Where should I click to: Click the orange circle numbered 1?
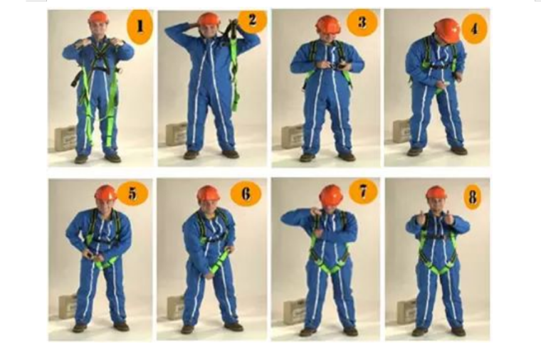coord(140,26)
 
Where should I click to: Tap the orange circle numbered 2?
coord(253,21)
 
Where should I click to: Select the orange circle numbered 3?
coord(362,23)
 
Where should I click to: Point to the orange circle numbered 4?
coord(474,29)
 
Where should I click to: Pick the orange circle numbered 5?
coord(132,194)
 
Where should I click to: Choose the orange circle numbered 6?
coord(246,194)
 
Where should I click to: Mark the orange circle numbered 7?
coord(362,191)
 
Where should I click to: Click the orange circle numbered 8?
coord(473,197)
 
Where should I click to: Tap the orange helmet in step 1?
coord(98,17)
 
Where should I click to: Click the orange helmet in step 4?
coord(447,31)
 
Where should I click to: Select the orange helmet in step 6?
coord(208,193)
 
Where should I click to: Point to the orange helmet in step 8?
coord(436,192)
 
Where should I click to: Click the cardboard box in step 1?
coord(65,138)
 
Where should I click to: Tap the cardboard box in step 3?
coord(293,137)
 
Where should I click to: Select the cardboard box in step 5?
coord(68,306)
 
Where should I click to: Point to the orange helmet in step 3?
coord(327,24)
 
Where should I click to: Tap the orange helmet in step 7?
coord(331,195)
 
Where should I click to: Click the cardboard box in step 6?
coord(176,307)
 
